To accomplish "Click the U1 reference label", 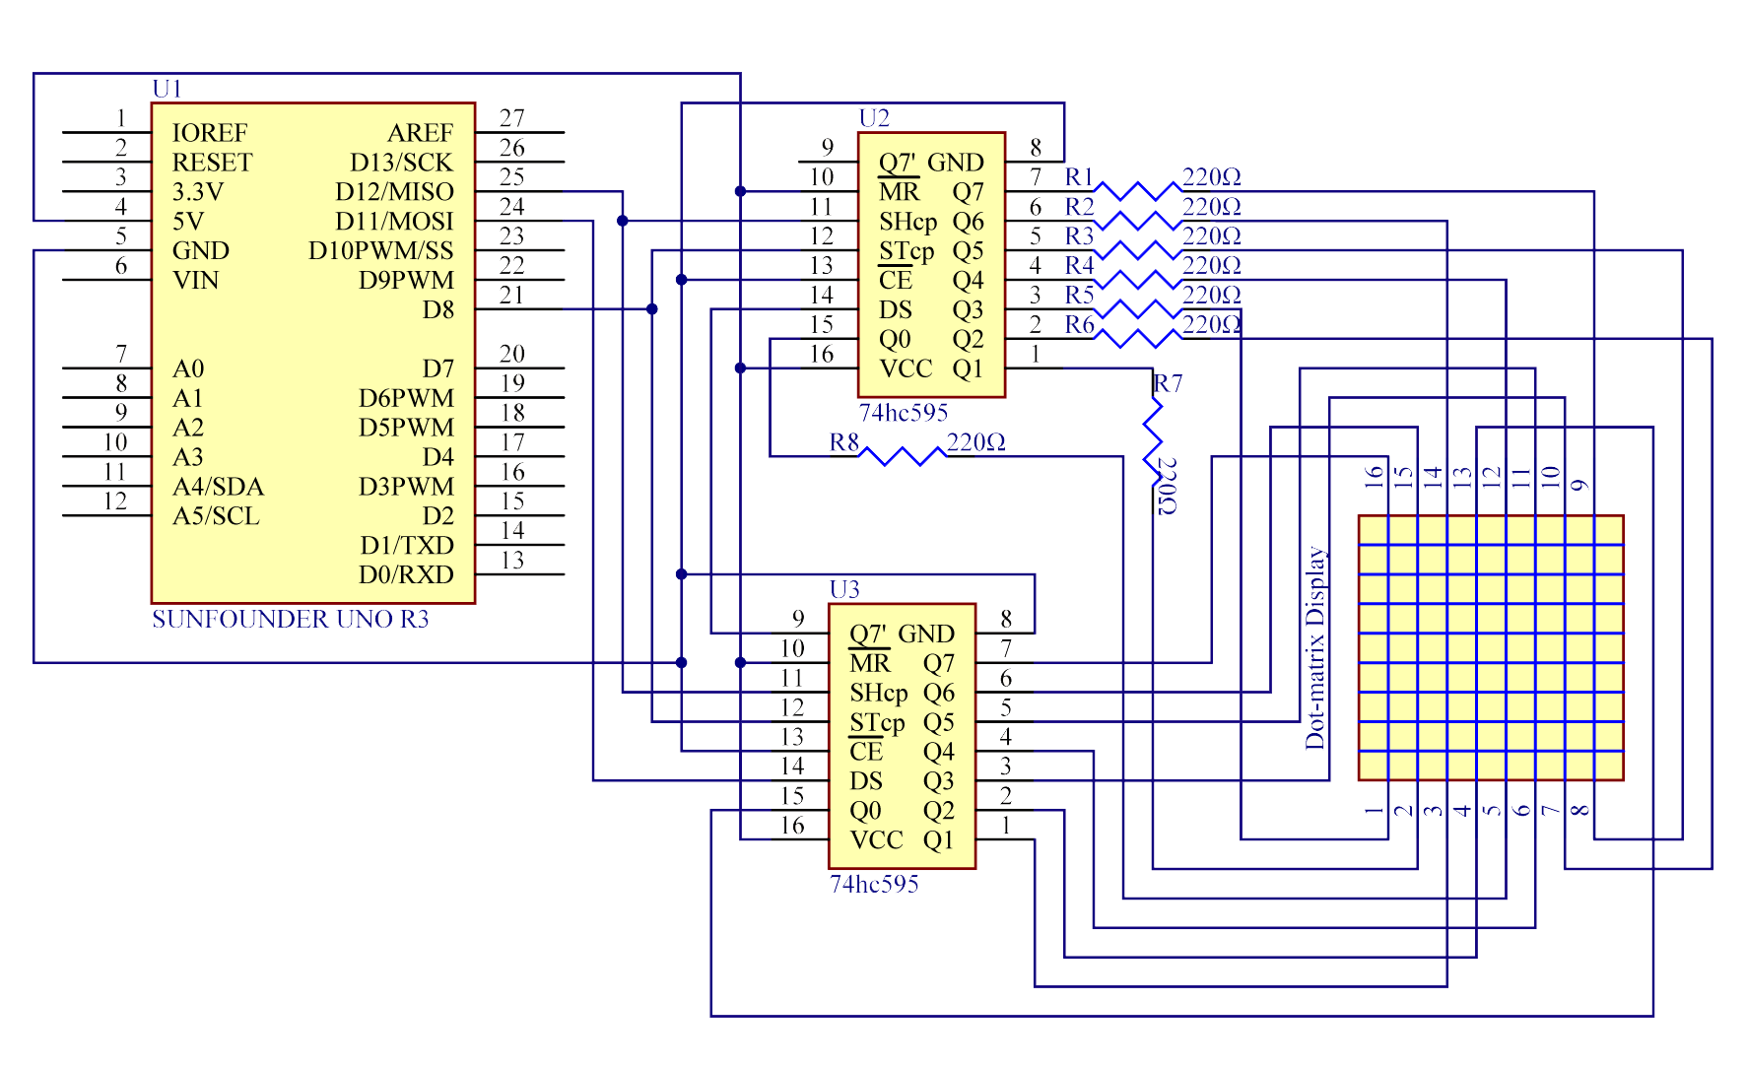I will coord(167,89).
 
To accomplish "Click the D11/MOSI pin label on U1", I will coord(394,221).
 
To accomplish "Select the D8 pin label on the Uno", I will coord(437,309).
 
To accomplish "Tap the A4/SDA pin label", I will coord(218,487).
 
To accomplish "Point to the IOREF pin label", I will coord(209,132).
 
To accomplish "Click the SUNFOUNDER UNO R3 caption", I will coord(290,619).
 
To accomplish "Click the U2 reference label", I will coord(874,118).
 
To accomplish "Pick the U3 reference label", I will coord(844,589).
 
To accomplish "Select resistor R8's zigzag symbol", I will coord(902,455).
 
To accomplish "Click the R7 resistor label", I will coord(1168,382).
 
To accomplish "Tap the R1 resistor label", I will coord(1079,176).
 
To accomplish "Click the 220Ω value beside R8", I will coord(975,442).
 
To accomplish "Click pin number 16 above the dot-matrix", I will coord(1375,477).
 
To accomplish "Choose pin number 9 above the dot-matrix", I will coord(1580,484).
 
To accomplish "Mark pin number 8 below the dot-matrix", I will coord(1579,811).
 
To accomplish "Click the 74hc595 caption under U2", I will coord(903,412).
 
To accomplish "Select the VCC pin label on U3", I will coord(876,840).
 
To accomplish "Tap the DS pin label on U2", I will coord(895,309).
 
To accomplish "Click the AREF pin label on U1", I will coord(420,132).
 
